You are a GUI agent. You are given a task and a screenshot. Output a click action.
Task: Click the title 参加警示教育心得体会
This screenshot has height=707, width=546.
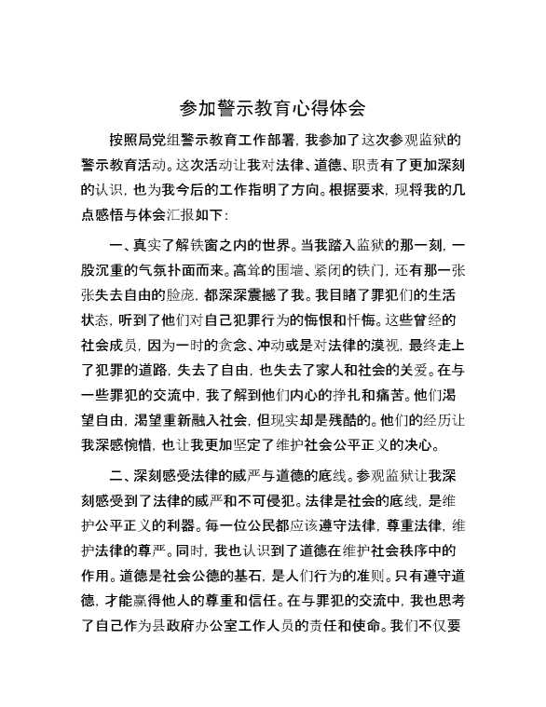272,110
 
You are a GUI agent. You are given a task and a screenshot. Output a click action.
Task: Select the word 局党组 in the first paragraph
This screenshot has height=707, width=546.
167,143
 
